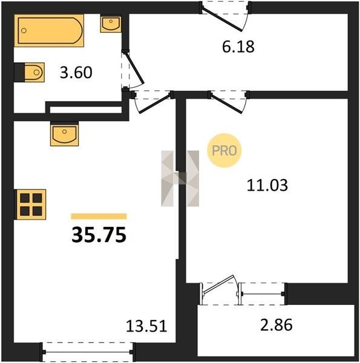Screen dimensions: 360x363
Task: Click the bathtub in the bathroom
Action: [x=49, y=30]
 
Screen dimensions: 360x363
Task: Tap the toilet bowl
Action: [x=34, y=72]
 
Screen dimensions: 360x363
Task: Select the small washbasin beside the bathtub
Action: [x=111, y=24]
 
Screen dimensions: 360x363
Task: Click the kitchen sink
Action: [x=64, y=134]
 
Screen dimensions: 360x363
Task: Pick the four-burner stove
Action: [x=31, y=204]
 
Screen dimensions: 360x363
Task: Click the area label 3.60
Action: [x=76, y=72]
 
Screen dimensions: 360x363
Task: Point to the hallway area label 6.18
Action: [x=238, y=47]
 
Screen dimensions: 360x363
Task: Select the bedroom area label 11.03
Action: [x=267, y=186]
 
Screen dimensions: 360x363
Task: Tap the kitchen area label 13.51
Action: [x=146, y=326]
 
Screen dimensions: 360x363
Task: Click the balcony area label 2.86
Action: [x=276, y=324]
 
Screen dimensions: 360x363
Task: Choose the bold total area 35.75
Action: [x=99, y=235]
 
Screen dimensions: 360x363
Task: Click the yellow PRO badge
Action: [x=224, y=151]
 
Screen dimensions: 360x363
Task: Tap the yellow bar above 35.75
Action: [x=99, y=216]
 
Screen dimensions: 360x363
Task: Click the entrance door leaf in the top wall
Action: [x=221, y=19]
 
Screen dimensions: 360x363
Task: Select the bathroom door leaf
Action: [x=134, y=68]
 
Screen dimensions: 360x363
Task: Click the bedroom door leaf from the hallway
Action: [x=226, y=103]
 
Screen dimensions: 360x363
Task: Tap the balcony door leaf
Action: [x=218, y=284]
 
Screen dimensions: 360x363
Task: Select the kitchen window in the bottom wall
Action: [x=88, y=352]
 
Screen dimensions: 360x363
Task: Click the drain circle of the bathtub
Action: [x=24, y=30]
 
